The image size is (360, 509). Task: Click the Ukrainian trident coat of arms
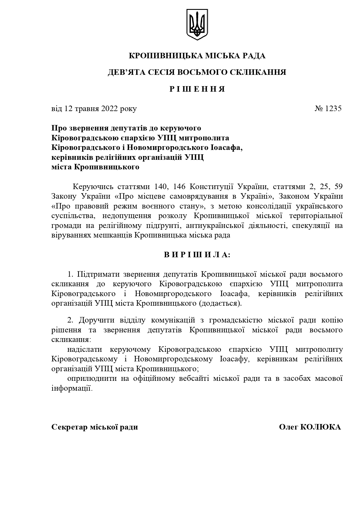[197, 24]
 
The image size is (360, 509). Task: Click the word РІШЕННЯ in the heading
[197, 89]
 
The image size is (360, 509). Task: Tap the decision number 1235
[333, 108]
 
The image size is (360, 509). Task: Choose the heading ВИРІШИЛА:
[197, 255]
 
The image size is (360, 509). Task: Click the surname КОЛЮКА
[321, 427]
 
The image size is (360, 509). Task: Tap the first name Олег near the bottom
[288, 427]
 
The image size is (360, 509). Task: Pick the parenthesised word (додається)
[220, 303]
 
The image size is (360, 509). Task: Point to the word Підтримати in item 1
[98, 274]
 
